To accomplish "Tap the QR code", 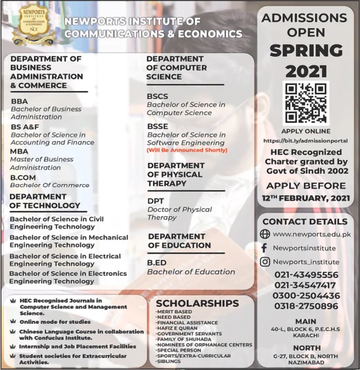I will coord(305,102).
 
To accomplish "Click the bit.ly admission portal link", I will coord(305,140).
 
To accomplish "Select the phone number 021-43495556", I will coord(306,275).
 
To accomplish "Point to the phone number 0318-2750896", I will coord(306,306).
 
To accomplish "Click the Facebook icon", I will coord(264,248).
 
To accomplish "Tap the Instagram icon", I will coord(265,262).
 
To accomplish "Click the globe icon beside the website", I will coord(265,234).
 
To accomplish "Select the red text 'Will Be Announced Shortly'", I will coord(187,150).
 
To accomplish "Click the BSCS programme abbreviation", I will coord(157,96).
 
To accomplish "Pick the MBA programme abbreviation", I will coord(19,151).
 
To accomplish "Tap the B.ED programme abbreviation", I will coord(157,263).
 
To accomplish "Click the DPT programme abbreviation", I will coord(156,201).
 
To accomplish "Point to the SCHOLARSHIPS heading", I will coord(197,303).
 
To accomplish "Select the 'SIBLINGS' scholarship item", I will coord(169,361).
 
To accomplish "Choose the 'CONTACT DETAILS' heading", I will coord(305,222).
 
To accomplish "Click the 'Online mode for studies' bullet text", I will coord(55,322).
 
